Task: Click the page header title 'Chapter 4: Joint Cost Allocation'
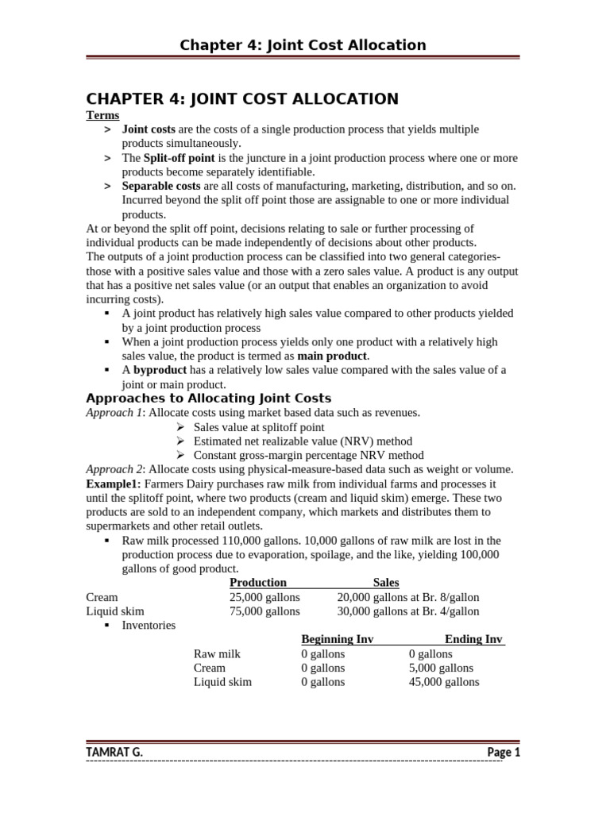[303, 45]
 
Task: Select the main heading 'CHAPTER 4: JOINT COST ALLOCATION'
[241, 99]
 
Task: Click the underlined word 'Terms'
[102, 115]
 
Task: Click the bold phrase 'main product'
[333, 356]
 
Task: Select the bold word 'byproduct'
[160, 371]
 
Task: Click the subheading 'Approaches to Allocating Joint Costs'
[208, 399]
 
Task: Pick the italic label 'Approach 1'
[114, 413]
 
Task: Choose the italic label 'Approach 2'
[114, 469]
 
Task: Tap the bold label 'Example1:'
[113, 484]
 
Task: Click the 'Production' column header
[257, 583]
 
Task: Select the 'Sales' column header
[386, 583]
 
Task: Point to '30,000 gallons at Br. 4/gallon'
[407, 611]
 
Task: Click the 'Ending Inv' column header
[473, 640]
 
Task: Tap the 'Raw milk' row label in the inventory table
[217, 654]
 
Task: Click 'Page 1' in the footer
[503, 752]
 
